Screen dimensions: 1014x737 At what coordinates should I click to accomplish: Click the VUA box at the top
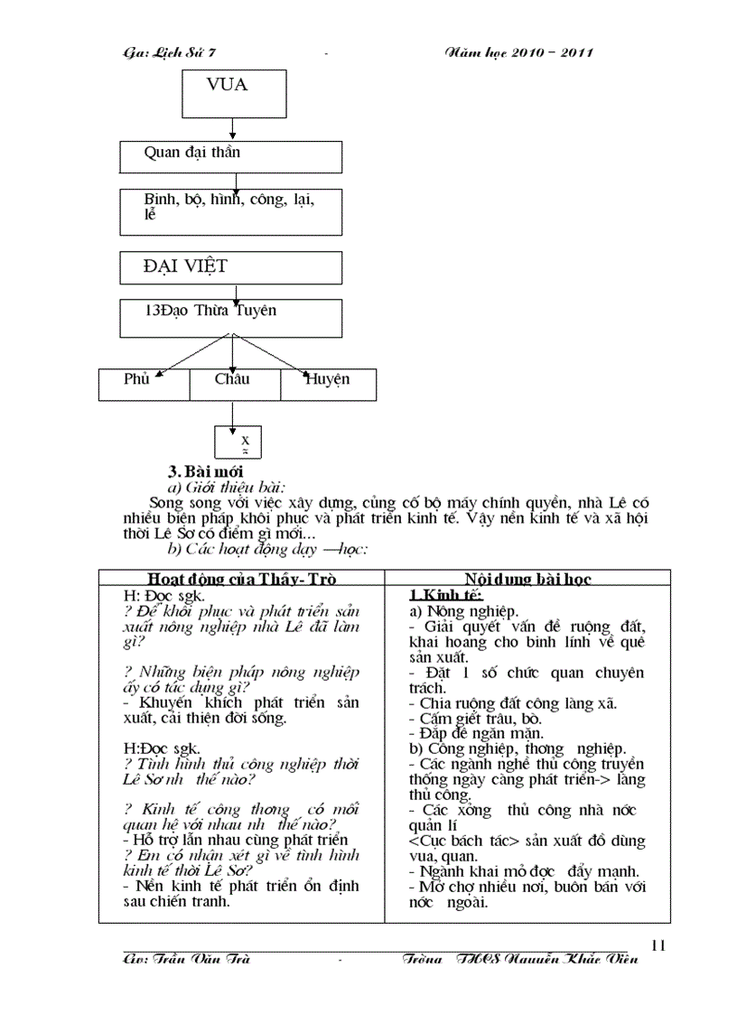232,94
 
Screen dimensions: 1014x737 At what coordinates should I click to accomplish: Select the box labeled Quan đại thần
230,156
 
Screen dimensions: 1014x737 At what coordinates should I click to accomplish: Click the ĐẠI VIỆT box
230,267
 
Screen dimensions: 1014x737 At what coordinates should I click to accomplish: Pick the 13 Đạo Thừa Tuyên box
230,318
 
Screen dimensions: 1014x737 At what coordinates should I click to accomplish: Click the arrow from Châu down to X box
233,413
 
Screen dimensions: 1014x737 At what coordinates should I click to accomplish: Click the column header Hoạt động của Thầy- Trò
241,579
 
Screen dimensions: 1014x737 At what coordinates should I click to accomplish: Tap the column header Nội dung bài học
527,579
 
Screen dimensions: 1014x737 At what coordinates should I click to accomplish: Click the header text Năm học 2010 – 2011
519,52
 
